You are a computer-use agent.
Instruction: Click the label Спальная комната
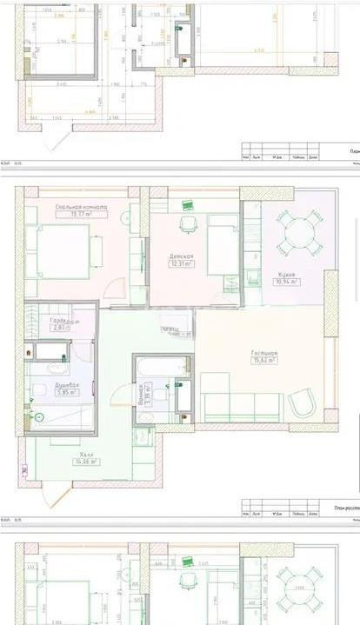pos(80,207)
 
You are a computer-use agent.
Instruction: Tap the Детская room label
pos(181,256)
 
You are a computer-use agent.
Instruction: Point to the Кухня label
pos(286,273)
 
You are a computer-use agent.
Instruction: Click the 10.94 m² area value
pos(286,282)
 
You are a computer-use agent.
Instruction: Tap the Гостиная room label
pos(263,353)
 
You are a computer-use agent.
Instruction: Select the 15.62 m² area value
pos(263,362)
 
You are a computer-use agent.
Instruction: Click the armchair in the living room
pos(302,403)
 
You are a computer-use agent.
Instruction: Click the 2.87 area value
pos(61,329)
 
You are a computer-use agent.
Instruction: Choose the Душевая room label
pos(67,383)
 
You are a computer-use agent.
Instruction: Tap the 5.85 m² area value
pos(67,392)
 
